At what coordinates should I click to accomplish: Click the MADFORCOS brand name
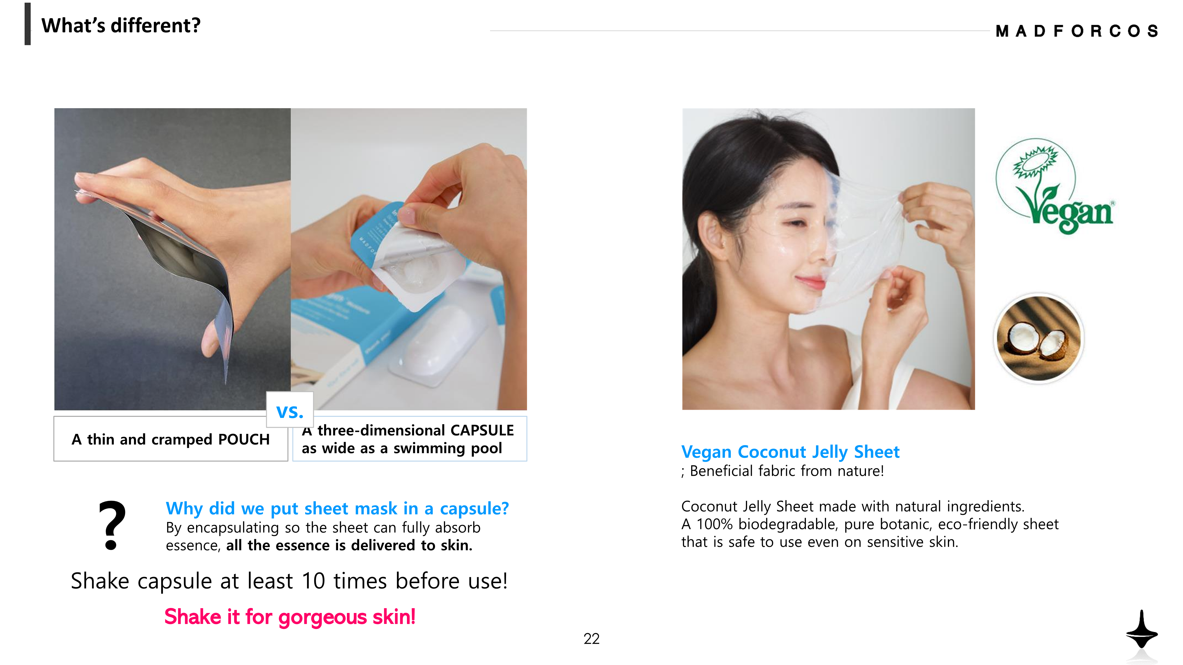(1077, 31)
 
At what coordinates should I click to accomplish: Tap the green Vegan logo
(1054, 186)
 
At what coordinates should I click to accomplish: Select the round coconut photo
(1039, 338)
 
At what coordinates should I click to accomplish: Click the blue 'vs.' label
(290, 411)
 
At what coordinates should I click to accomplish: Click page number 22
(591, 638)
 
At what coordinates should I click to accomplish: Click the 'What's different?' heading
(121, 25)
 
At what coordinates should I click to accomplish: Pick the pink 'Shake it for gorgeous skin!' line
(290, 616)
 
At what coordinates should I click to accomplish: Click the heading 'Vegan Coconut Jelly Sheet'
(790, 452)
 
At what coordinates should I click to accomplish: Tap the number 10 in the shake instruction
(314, 581)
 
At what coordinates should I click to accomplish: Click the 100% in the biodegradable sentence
(714, 524)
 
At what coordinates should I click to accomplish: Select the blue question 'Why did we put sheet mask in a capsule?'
(337, 508)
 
